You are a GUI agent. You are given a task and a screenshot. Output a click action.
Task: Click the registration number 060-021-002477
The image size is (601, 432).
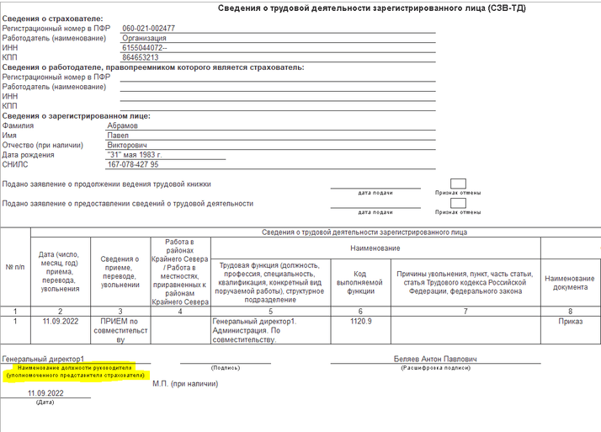148,29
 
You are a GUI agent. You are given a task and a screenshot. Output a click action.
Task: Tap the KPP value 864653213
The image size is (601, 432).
141,58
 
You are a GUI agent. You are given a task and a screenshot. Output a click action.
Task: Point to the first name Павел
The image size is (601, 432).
117,136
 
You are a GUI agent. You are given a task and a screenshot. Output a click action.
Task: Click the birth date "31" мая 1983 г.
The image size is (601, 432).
135,155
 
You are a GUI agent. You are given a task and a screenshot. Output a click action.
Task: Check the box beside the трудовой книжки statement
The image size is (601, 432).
458,183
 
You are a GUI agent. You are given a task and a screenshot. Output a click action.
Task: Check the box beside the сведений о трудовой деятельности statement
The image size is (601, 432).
458,202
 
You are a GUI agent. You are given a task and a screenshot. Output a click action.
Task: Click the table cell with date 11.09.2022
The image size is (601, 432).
59,321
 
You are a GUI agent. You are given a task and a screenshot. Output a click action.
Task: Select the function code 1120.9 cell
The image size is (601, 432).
359,321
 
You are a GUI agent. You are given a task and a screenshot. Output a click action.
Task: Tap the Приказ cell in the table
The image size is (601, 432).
570,321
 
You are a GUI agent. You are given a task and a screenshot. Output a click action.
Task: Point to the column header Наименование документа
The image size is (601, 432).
570,283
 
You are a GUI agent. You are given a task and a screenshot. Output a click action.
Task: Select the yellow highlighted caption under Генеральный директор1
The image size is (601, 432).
74,371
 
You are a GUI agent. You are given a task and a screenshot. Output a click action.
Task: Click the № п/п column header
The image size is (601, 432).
15,267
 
